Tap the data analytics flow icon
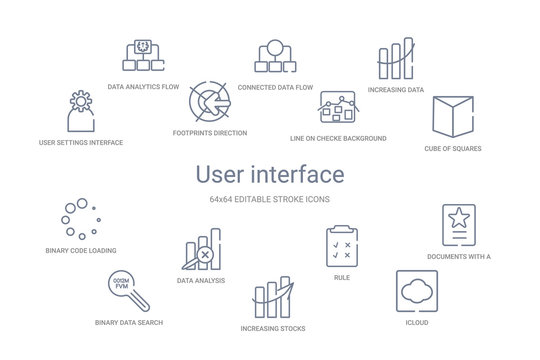143,56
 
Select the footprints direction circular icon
210,102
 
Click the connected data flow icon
272,55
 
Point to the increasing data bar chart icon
395,61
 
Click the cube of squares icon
452,117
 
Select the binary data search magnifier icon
127,289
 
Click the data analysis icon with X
201,251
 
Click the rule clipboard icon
341,247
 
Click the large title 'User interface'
270,174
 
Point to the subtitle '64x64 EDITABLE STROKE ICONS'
270,199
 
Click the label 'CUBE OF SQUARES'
453,148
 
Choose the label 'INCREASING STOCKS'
273,328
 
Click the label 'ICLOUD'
416,323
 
